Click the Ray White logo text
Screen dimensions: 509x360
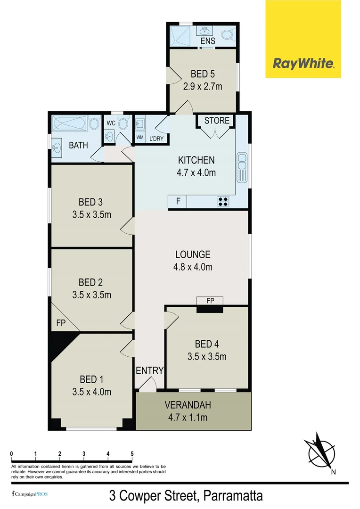coord(303,63)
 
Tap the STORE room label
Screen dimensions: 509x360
coord(217,121)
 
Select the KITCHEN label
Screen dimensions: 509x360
coord(196,160)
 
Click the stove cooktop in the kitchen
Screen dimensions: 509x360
coord(223,202)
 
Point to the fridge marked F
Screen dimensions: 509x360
coord(178,202)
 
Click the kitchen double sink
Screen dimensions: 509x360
coord(242,168)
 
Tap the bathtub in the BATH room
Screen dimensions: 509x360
coord(70,123)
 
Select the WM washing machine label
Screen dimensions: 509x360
coord(139,137)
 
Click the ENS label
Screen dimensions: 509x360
coord(207,41)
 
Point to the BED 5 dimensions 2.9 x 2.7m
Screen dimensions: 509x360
coord(202,86)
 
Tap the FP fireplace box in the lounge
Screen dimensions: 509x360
coord(210,301)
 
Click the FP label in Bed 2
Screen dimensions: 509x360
coord(61,323)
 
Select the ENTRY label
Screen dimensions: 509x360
coord(149,370)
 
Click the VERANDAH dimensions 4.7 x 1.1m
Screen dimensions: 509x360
coord(188,417)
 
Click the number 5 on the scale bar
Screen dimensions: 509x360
coord(132,454)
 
